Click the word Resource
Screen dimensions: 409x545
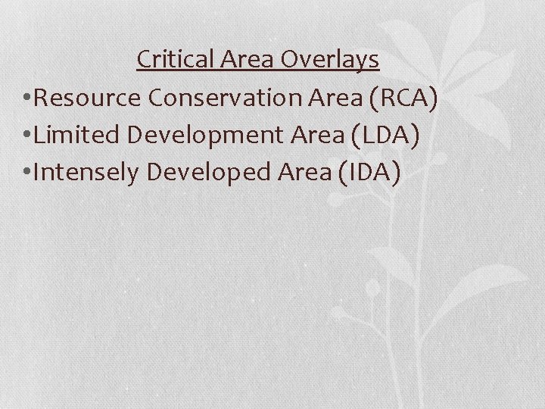coord(89,98)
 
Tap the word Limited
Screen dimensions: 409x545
coord(77,136)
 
